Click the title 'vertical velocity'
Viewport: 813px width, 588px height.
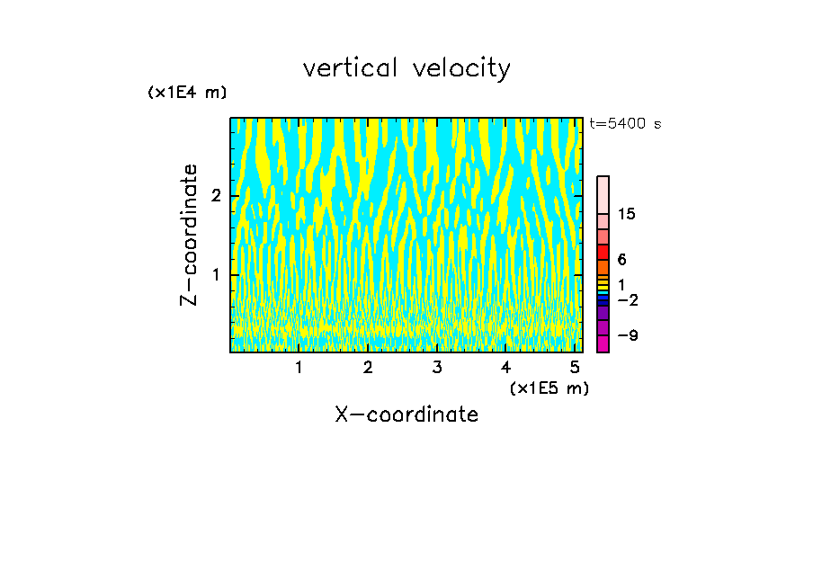point(406,68)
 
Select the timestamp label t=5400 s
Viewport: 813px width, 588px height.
point(624,124)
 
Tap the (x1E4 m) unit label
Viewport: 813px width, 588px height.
point(187,93)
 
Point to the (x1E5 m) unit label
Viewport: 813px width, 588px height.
point(549,388)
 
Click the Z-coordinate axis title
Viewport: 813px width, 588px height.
point(189,235)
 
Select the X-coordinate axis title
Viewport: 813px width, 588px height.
point(406,414)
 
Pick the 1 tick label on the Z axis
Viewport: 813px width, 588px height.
point(214,274)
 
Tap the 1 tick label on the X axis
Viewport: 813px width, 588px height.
point(299,368)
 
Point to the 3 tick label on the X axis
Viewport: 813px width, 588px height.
point(436,368)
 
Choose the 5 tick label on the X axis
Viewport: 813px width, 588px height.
point(575,368)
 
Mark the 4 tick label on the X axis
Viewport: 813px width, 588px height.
point(505,368)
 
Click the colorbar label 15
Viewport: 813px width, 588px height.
point(627,214)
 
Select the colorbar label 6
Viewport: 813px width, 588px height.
point(621,259)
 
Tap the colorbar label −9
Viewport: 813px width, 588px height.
point(628,335)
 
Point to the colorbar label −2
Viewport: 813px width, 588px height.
point(628,299)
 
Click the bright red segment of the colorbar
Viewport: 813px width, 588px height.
point(603,252)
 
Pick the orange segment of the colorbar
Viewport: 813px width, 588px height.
point(603,267)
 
